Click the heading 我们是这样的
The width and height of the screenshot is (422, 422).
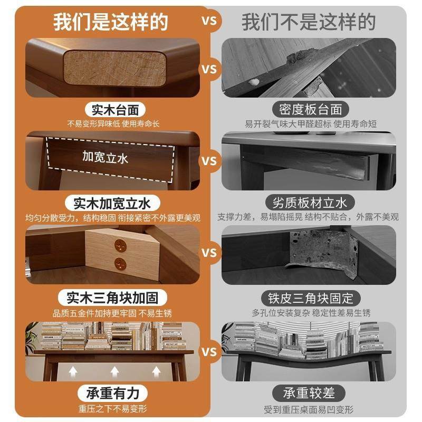[111, 22]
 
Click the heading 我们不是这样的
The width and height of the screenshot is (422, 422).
[309, 22]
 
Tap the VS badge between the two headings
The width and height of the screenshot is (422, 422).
[209, 22]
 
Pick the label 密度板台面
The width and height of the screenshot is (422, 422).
[310, 110]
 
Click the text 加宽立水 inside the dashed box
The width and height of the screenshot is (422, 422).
[105, 157]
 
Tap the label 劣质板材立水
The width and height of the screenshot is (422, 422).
[310, 203]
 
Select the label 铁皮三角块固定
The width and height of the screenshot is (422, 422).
[310, 297]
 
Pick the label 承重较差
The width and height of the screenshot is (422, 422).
[310, 394]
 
